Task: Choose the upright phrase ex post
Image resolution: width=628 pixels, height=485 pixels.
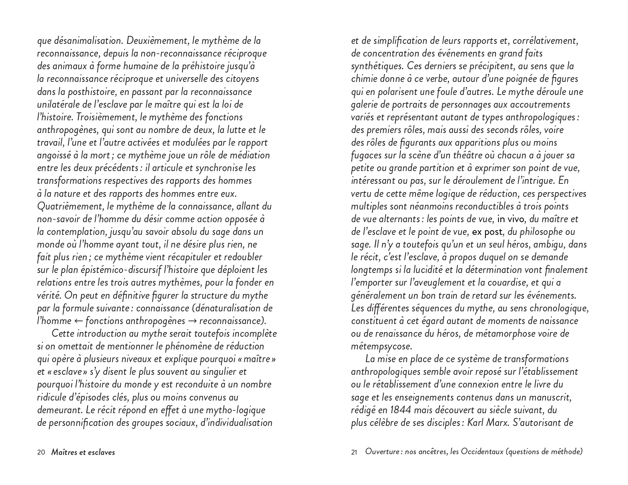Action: coord(488,232)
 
